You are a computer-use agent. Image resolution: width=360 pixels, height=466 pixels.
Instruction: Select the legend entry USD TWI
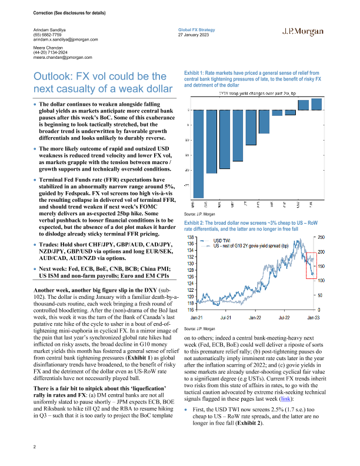[222, 241]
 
